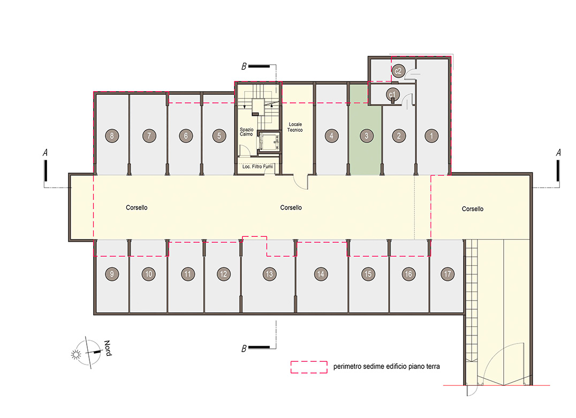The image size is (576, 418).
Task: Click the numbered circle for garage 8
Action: click(x=112, y=136)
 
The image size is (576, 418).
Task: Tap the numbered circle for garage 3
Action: click(x=366, y=136)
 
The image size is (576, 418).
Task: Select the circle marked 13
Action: click(x=269, y=274)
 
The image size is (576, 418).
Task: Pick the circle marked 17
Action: click(x=448, y=274)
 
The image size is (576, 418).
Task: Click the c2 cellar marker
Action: click(x=398, y=71)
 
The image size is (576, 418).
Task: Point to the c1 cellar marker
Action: click(x=393, y=94)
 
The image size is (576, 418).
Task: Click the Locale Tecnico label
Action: click(x=295, y=127)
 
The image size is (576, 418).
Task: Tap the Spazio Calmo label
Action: click(x=246, y=132)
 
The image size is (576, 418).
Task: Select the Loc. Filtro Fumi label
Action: click(x=257, y=167)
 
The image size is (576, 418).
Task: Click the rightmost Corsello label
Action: click(x=472, y=209)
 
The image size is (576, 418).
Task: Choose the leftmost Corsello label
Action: click(x=137, y=207)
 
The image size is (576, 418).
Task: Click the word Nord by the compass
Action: click(x=108, y=348)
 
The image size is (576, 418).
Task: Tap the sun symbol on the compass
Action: click(x=76, y=354)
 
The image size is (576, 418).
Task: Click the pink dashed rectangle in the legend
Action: click(x=309, y=367)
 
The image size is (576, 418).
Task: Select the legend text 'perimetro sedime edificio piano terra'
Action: click(x=386, y=367)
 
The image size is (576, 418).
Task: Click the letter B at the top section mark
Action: click(x=244, y=66)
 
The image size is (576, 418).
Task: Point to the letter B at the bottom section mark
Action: click(x=244, y=348)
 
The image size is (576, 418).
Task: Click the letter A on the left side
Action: click(x=45, y=153)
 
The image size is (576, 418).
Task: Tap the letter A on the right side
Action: click(x=558, y=153)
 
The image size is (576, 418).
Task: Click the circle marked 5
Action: click(x=219, y=136)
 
